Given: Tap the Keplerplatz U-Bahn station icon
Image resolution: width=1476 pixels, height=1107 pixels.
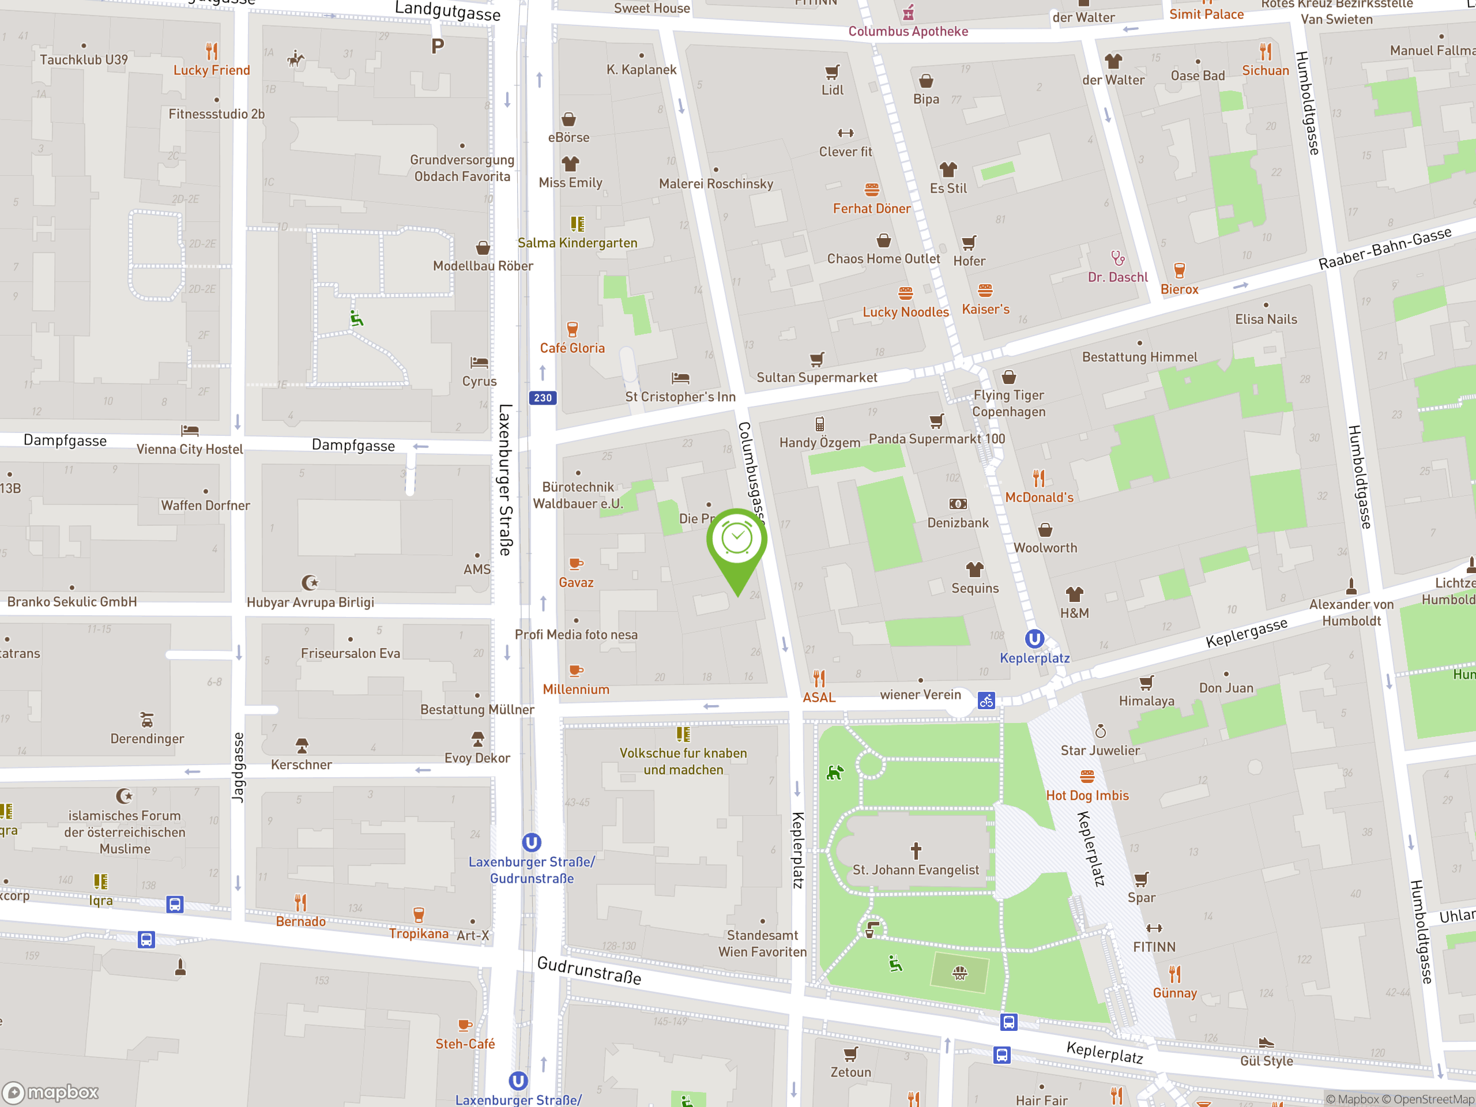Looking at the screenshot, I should click(x=1034, y=639).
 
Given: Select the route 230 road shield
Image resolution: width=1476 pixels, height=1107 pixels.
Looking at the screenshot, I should click(x=543, y=398).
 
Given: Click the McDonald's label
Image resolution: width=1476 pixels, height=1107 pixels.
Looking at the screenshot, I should click(x=1039, y=497).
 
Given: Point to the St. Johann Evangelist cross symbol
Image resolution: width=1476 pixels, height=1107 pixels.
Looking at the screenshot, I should click(x=916, y=850).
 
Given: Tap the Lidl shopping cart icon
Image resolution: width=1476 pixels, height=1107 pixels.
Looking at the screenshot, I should click(x=832, y=71).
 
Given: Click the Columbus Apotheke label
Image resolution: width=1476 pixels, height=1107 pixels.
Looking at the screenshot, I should click(x=908, y=31).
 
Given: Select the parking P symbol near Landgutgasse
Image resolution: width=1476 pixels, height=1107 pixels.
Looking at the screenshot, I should click(x=437, y=46).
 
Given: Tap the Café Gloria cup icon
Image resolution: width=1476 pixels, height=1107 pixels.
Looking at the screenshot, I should click(x=572, y=329).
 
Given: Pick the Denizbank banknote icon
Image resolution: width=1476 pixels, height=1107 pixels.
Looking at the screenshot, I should click(x=958, y=504).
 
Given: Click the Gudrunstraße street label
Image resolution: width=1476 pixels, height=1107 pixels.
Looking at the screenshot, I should click(x=589, y=970).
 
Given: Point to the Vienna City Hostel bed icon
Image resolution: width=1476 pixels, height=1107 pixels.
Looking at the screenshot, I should click(x=190, y=430).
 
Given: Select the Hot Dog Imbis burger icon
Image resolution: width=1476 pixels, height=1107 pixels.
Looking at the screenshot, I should click(x=1087, y=776).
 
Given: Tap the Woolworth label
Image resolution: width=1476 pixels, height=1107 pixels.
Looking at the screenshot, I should click(x=1045, y=548).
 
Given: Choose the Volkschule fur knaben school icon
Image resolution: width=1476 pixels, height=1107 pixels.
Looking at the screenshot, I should click(x=683, y=734).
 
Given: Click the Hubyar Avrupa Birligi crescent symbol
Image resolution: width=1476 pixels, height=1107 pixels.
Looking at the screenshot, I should click(x=310, y=582).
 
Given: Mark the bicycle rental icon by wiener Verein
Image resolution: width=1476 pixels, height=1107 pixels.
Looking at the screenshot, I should click(x=986, y=701).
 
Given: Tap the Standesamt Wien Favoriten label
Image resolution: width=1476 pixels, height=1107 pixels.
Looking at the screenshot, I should click(x=762, y=943).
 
